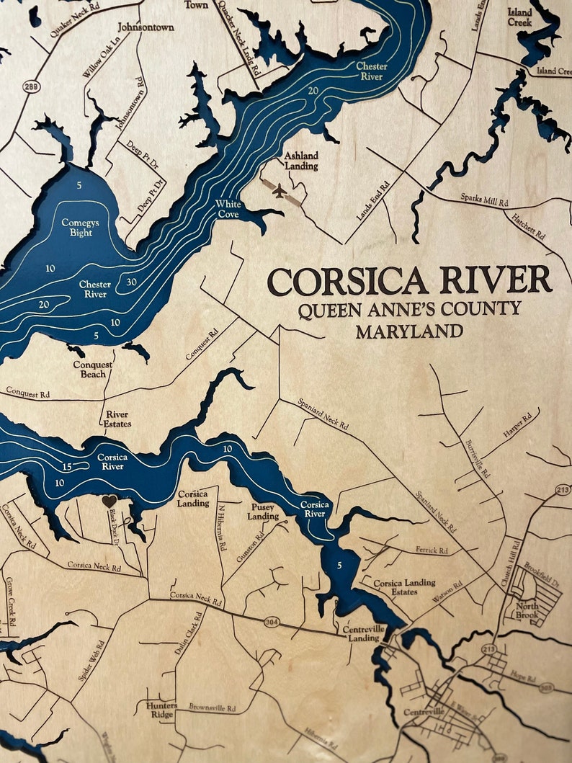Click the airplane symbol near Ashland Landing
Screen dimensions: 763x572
pos(280,190)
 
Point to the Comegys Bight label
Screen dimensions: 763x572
pos(81,228)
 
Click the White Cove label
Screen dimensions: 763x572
pos(229,209)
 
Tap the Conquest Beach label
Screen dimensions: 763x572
pos(92,369)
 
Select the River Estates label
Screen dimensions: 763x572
pos(117,419)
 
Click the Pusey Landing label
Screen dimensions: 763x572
pos(263,512)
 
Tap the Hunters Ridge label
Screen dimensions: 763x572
pos(161,710)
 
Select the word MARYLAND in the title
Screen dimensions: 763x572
pos(409,332)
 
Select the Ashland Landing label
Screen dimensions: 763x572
pos(300,161)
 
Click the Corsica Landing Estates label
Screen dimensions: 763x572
pos(404,587)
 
